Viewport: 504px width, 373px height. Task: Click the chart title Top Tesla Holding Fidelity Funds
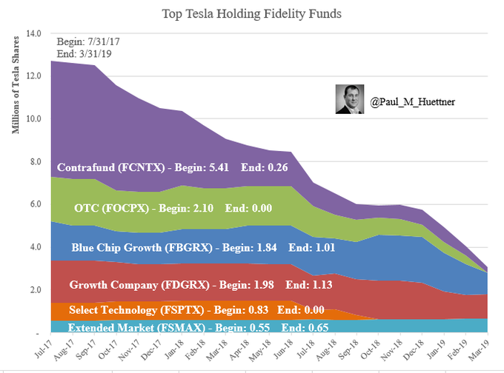pyautogui.click(x=252, y=14)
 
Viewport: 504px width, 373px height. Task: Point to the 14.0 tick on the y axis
pyautogui.click(x=34, y=33)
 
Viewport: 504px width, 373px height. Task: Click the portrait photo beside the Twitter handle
pyautogui.click(x=350, y=98)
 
